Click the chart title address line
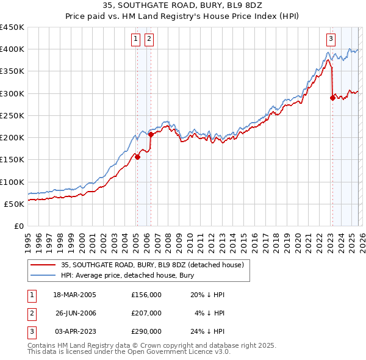click(182, 5)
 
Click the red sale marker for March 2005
click(137, 157)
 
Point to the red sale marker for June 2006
click(151, 134)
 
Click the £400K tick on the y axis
click(12, 49)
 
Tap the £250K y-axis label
click(12, 115)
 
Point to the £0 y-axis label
click(18, 226)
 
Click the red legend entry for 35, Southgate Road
click(152, 265)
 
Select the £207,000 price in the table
click(146, 313)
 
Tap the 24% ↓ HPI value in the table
click(207, 331)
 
